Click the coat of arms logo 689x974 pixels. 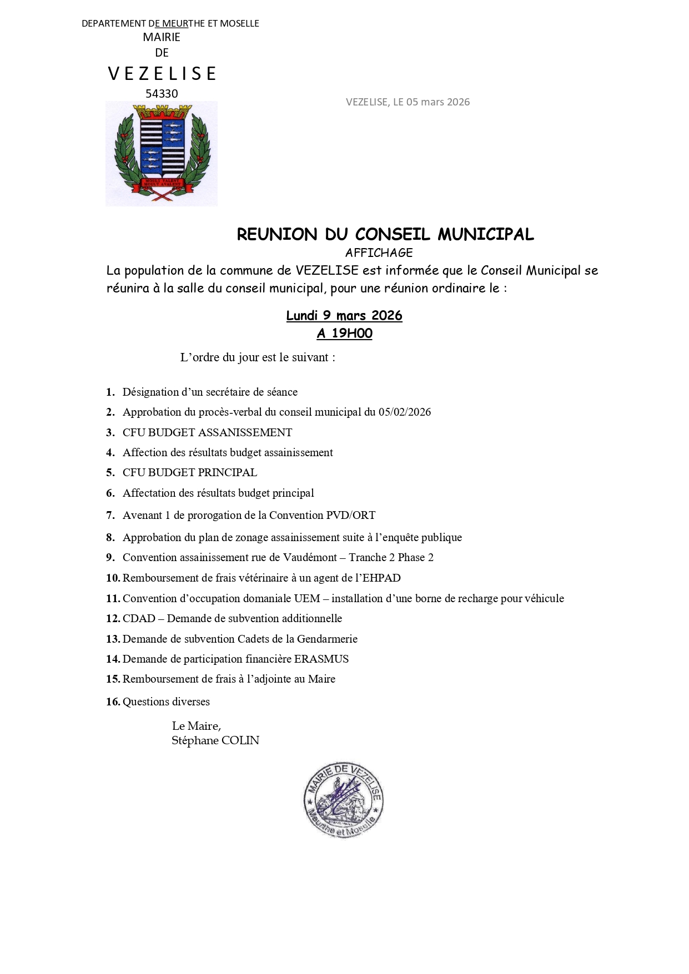(161, 154)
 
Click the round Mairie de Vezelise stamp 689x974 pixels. (344, 800)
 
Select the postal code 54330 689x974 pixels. (162, 94)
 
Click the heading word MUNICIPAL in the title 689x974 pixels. (485, 235)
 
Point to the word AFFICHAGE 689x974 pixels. (379, 253)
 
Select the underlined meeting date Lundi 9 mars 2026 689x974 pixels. (344, 316)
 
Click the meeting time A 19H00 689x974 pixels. (344, 334)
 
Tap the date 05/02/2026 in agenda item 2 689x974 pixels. (405, 412)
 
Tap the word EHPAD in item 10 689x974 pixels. (381, 578)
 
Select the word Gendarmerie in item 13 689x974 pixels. (327, 639)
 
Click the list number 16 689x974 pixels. (113, 702)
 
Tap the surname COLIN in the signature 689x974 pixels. (240, 741)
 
